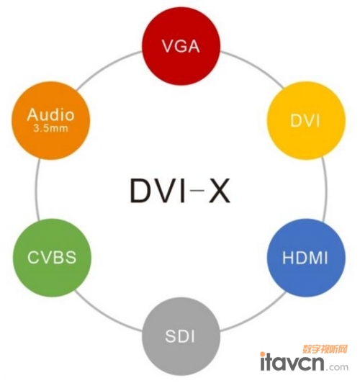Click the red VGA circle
tap(181, 46)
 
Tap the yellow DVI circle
tap(306, 121)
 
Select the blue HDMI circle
tap(306, 258)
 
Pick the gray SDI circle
tap(181, 336)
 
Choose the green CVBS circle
tap(52, 258)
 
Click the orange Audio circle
tap(51, 121)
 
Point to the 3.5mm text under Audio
tap(50, 128)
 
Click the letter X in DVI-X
tap(219, 191)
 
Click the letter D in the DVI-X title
tap(141, 191)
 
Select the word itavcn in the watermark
tap(292, 364)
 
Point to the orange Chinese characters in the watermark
tap(325, 349)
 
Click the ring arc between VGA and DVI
tap(254, 66)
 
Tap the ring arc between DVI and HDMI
tap(326, 189)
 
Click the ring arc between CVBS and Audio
tap(37, 189)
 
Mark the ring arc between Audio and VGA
tap(107, 66)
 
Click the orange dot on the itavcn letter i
tap(263, 354)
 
